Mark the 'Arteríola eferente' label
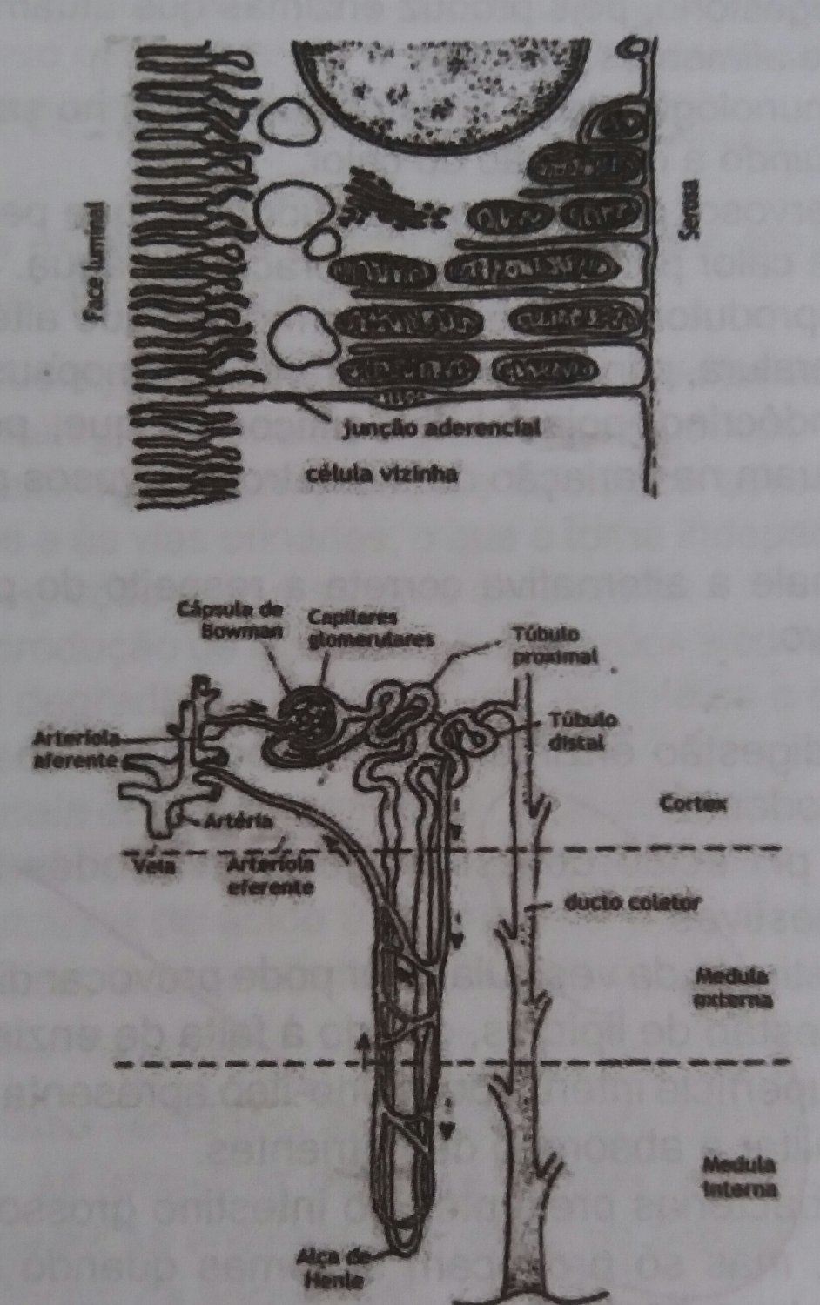[268, 873]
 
